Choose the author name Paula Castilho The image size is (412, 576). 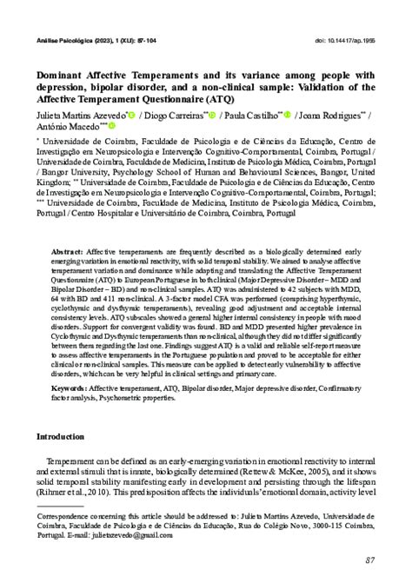pos(260,114)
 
